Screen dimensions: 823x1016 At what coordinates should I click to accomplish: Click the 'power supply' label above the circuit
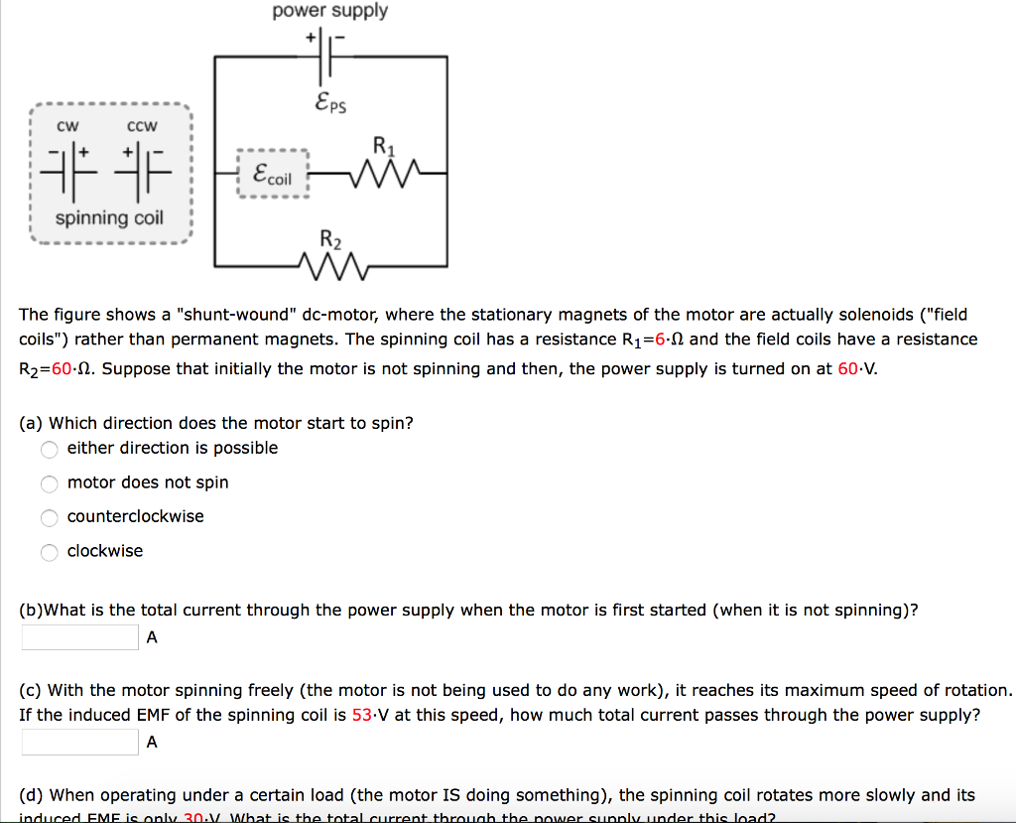pos(330,11)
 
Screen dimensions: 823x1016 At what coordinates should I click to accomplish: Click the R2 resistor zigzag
pos(331,265)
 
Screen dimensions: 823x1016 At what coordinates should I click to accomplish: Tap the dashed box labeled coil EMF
pos(274,174)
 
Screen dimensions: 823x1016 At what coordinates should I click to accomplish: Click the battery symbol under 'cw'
pos(67,169)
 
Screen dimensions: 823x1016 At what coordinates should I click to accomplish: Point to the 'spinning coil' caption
pos(109,217)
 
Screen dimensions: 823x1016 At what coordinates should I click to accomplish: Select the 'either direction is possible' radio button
pos(50,449)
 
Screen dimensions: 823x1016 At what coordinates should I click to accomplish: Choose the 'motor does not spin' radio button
pos(50,483)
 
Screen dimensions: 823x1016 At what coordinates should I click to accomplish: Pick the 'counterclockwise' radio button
pos(50,517)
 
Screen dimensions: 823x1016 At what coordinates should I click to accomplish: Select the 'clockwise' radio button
pos(50,552)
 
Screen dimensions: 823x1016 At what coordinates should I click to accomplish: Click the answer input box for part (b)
pos(79,637)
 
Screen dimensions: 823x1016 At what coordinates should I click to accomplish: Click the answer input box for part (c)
pos(79,742)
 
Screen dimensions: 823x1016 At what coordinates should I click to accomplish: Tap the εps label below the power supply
pos(329,101)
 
